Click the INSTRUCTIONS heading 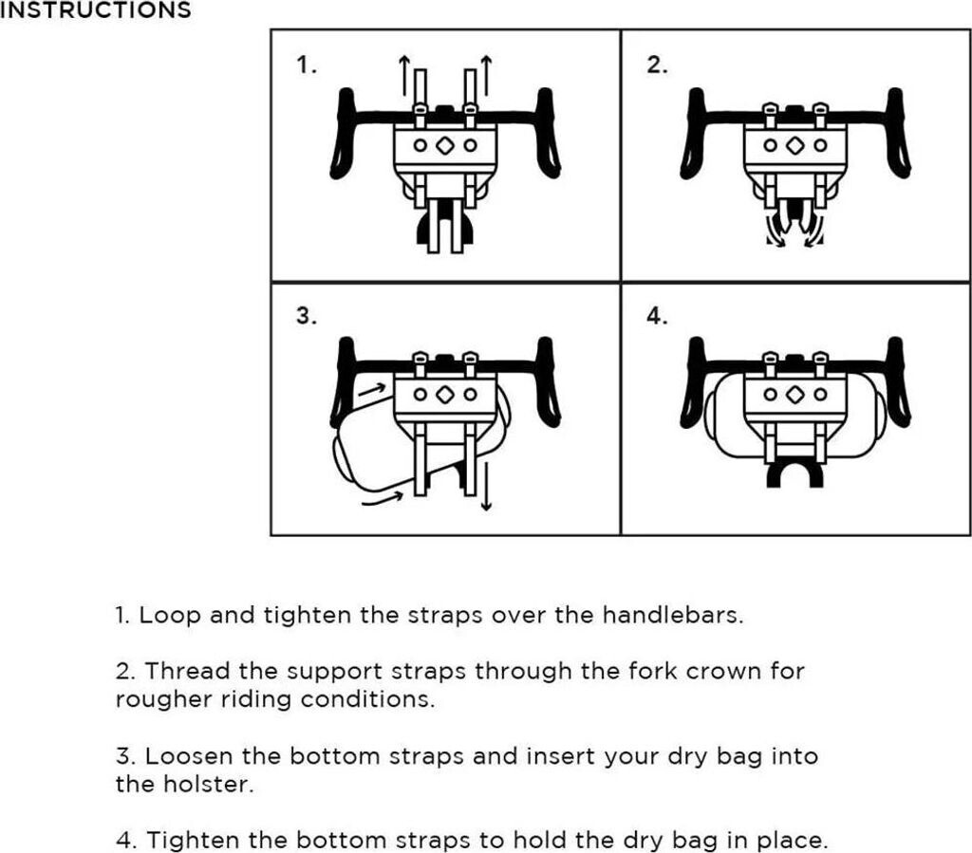(x=95, y=11)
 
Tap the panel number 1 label (x=305, y=65)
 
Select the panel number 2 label (x=657, y=65)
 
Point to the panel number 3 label (x=305, y=317)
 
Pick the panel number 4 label (x=657, y=317)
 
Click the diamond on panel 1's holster (x=444, y=146)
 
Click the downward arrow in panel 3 (x=486, y=484)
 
